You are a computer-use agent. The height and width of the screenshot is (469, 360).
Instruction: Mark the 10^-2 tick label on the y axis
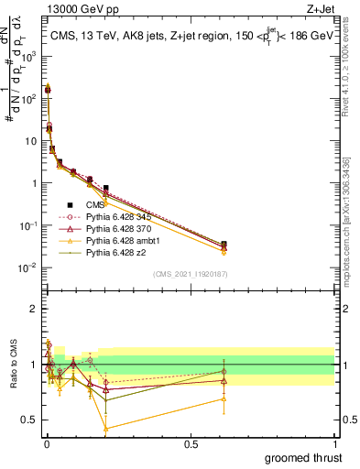29,267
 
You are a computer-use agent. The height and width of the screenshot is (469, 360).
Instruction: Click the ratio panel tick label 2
34,309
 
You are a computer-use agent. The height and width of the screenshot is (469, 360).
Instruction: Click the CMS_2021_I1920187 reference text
190,273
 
